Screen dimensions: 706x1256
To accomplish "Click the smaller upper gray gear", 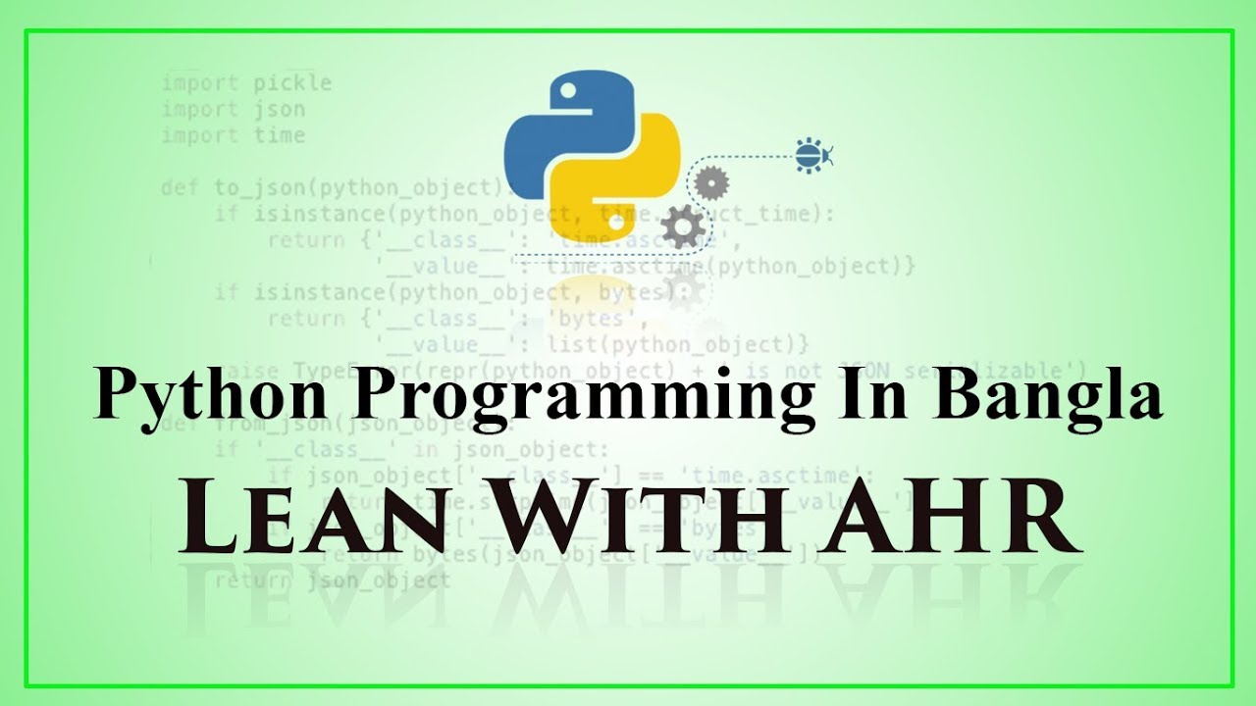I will tap(710, 182).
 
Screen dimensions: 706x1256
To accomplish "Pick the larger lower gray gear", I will tap(683, 227).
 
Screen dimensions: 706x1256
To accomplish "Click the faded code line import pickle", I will tap(247, 83).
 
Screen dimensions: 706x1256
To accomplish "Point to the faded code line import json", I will tap(234, 110).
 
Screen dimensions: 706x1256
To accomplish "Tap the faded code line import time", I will tap(234, 135).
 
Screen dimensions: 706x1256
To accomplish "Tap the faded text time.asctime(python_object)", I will tap(731, 266).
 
